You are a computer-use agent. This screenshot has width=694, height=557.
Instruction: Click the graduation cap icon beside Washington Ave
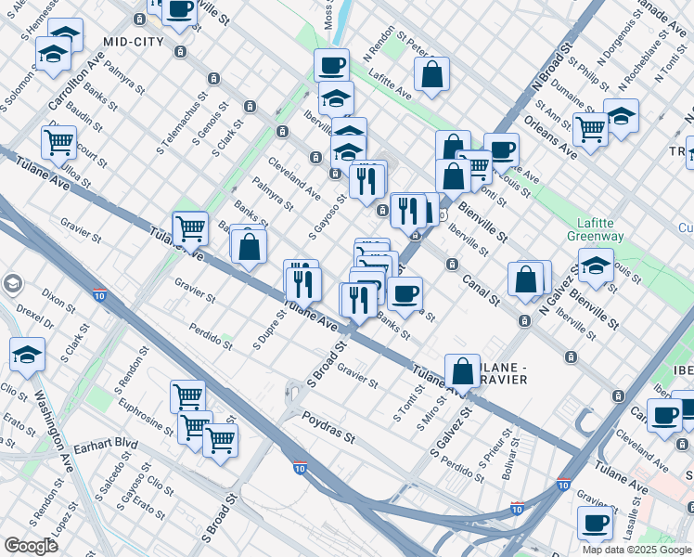[28, 354]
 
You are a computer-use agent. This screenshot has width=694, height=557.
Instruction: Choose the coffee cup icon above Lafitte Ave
[332, 64]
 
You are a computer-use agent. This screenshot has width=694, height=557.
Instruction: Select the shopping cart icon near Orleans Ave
[590, 129]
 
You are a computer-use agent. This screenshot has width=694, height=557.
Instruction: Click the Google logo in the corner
[31, 546]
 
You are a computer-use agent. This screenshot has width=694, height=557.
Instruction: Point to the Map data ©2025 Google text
[636, 550]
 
